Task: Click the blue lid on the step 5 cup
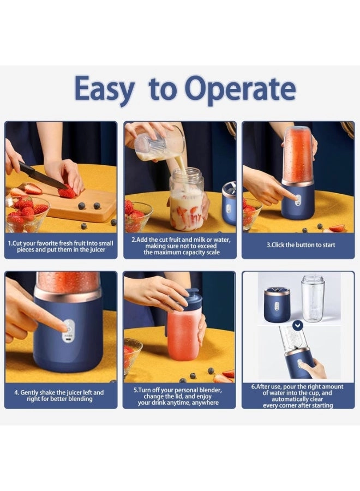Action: [191, 299]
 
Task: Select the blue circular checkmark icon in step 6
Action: [297, 326]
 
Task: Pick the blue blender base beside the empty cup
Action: [277, 304]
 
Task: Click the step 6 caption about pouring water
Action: [298, 396]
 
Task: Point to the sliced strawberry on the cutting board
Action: [68, 192]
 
